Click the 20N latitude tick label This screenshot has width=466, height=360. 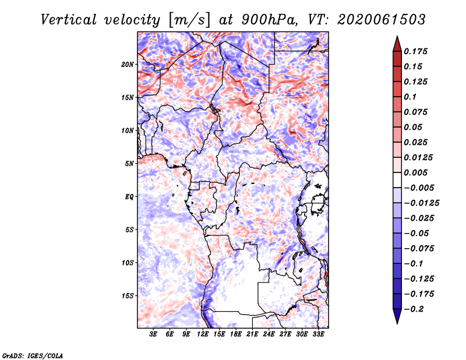tap(128, 65)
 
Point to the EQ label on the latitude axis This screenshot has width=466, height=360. tap(129, 197)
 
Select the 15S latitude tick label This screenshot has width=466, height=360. tap(128, 296)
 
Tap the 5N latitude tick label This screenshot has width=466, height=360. tap(129, 164)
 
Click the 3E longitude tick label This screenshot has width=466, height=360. tap(153, 334)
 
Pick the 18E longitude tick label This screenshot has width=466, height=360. tap(236, 334)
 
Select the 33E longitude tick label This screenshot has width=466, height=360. tap(318, 334)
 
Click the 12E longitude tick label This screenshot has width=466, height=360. tap(203, 334)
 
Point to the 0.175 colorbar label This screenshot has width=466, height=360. tap(415, 51)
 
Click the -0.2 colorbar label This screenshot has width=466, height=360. tap(414, 309)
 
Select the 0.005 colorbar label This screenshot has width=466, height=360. tap(415, 172)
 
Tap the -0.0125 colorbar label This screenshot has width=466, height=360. tap(421, 203)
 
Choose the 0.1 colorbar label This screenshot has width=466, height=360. tap(410, 97)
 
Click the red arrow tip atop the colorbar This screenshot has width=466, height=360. tap(397, 37)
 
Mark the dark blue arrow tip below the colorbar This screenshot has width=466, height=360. tap(397, 323)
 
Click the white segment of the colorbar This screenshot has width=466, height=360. tap(397, 180)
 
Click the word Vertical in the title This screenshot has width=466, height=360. tap(69, 20)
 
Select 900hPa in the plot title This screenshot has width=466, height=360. tap(270, 20)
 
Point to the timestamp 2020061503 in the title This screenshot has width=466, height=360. tap(382, 20)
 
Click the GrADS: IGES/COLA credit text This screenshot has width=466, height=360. tap(33, 356)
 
